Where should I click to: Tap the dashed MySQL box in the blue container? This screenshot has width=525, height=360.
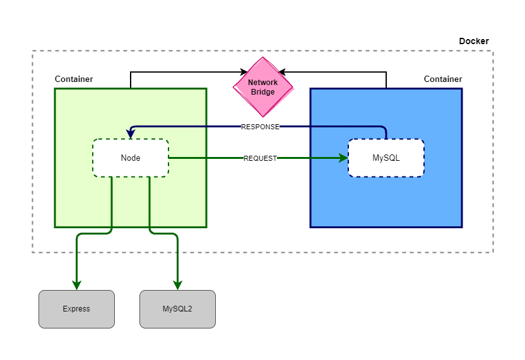(386, 158)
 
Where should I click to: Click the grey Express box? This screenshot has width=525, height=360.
(76, 309)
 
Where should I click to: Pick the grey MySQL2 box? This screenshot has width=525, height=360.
(177, 309)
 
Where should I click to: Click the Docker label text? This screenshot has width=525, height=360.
(473, 41)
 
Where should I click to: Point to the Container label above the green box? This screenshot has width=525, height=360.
(74, 79)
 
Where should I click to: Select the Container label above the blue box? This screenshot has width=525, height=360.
(443, 79)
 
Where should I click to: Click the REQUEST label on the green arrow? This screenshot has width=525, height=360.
(260, 158)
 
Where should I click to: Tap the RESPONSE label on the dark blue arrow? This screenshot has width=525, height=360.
(260, 127)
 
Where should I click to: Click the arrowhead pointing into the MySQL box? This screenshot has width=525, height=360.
(343, 158)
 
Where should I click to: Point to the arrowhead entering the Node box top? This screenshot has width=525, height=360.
(131, 134)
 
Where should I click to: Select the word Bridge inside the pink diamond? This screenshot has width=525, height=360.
(262, 92)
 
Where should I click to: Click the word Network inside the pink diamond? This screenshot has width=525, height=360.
(262, 83)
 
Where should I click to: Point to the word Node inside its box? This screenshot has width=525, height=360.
(131, 158)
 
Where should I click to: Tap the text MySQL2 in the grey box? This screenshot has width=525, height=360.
(177, 309)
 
